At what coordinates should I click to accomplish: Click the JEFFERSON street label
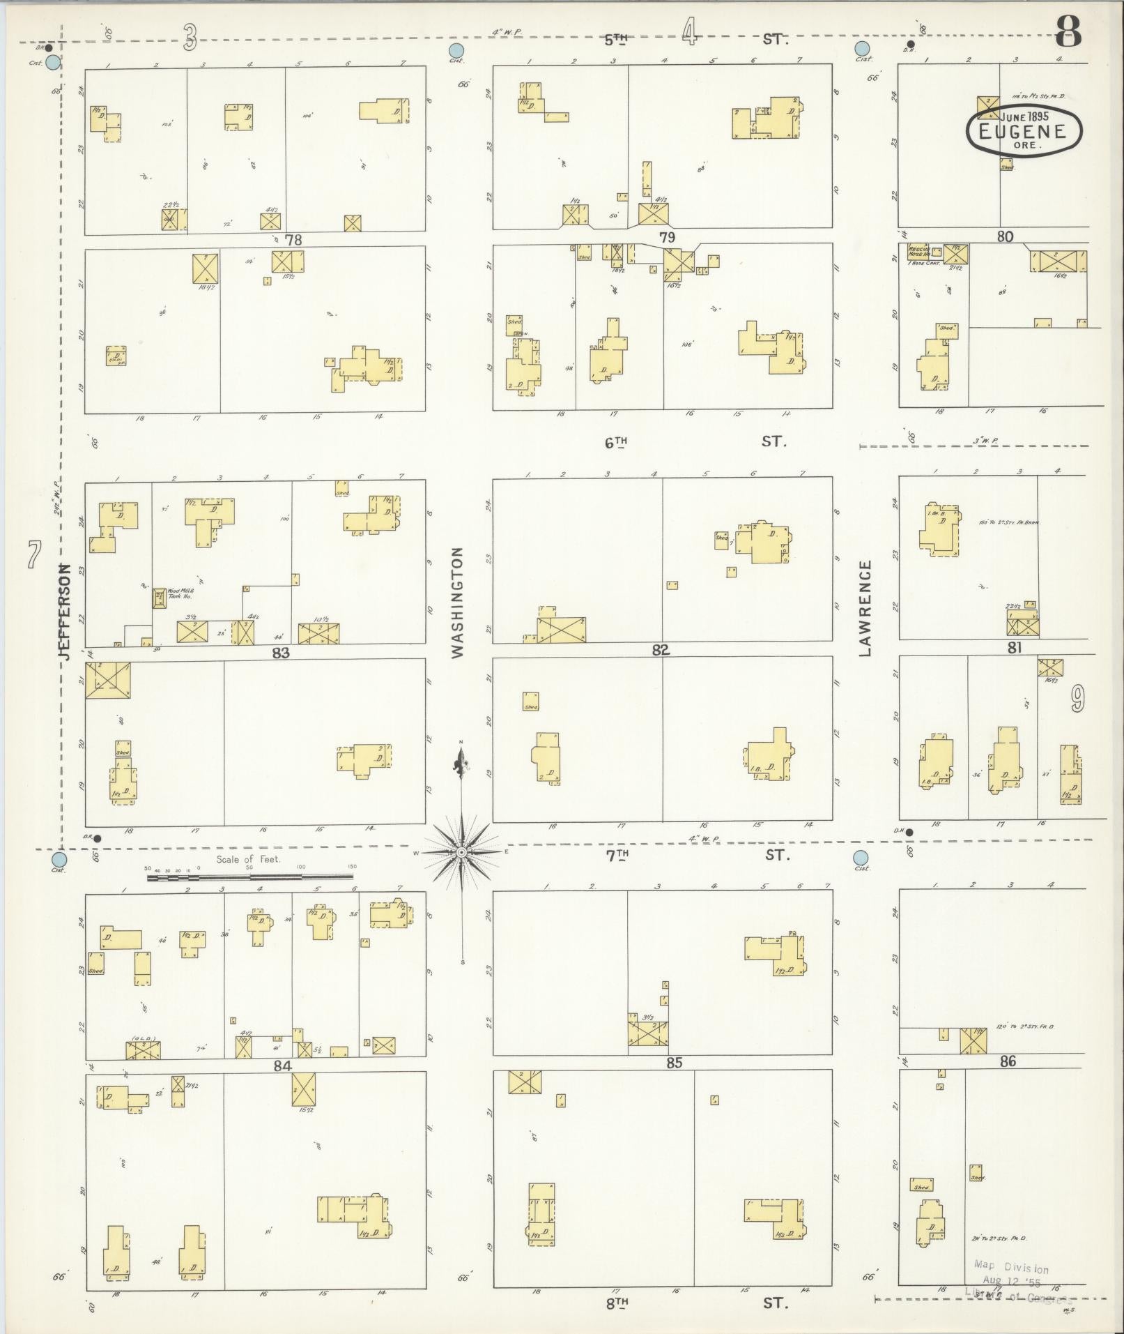pos(65,612)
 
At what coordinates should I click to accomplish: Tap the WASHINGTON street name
pos(457,602)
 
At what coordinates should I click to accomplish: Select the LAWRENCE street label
pos(865,608)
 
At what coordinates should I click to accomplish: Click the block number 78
pos(293,240)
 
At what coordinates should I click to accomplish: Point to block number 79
pos(667,238)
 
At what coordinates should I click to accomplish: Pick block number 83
pos(281,653)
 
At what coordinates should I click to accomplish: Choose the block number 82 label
pos(660,650)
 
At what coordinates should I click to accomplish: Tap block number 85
pos(673,1063)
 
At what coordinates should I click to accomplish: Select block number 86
pos(1007,1062)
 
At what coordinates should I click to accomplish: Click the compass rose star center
pos(461,852)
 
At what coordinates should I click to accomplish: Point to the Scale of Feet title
pos(248,859)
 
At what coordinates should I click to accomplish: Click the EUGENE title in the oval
pos(1023,131)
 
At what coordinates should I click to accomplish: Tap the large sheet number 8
pos(1068,31)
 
